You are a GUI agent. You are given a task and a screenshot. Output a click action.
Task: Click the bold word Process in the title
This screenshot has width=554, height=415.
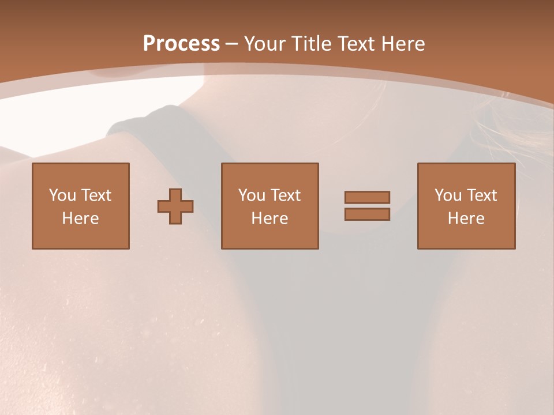pyautogui.click(x=181, y=44)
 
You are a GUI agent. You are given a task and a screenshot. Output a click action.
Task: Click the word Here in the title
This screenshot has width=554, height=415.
pyautogui.click(x=403, y=44)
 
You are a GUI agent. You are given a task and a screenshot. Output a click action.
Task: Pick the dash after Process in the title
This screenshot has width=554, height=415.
pyautogui.click(x=232, y=44)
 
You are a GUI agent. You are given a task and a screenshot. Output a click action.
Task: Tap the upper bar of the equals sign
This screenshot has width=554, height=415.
pyautogui.click(x=367, y=197)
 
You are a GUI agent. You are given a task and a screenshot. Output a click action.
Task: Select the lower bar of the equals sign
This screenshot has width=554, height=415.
pyautogui.click(x=367, y=214)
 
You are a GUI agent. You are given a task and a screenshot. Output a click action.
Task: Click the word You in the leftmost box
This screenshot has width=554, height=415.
pyautogui.click(x=62, y=195)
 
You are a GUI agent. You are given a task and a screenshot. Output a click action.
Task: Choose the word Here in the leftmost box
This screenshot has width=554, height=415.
pyautogui.click(x=81, y=218)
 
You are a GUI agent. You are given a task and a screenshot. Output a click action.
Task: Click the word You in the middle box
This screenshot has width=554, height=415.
pyautogui.click(x=252, y=195)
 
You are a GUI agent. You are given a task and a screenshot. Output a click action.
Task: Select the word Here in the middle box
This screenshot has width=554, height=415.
pyautogui.click(x=270, y=218)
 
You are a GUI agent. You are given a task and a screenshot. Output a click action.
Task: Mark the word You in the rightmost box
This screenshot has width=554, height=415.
pyautogui.click(x=448, y=195)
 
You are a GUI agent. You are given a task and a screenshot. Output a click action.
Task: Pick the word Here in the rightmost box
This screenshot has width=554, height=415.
pyautogui.click(x=466, y=218)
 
